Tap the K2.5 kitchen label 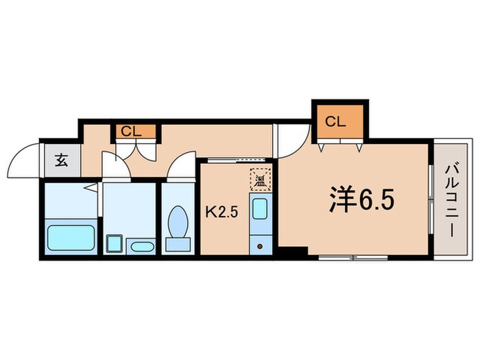click(222, 211)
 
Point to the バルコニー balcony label click(451, 199)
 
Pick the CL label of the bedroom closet click(335, 122)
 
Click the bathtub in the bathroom click(70, 237)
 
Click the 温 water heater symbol click(260, 180)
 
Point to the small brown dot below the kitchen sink click(260, 244)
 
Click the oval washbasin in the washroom click(142, 245)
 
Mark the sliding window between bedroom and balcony click(431, 199)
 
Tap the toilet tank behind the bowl click(178, 244)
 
